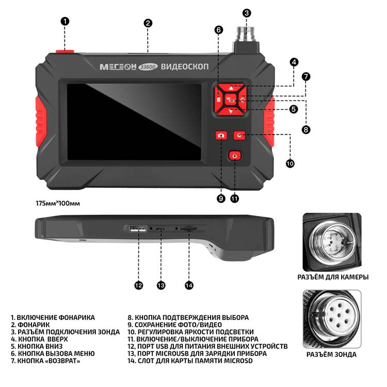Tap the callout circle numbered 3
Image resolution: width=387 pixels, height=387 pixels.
[x=247, y=13]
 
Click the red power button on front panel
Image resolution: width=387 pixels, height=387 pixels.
[x=235, y=156]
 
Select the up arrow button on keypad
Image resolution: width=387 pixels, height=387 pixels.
[x=231, y=88]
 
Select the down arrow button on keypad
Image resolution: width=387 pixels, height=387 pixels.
[x=231, y=110]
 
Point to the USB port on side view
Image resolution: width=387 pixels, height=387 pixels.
[x=138, y=230]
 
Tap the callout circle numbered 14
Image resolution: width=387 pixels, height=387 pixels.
[x=188, y=284]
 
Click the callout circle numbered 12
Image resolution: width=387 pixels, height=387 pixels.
[x=138, y=284]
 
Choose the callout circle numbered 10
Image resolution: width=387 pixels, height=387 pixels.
[x=289, y=163]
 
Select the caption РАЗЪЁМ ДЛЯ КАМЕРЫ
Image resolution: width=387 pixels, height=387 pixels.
[x=333, y=277]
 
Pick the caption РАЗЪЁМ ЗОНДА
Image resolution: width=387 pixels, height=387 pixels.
[x=331, y=354]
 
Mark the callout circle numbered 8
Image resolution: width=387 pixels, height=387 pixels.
[x=306, y=130]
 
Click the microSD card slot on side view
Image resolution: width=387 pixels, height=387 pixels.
[x=189, y=228]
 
